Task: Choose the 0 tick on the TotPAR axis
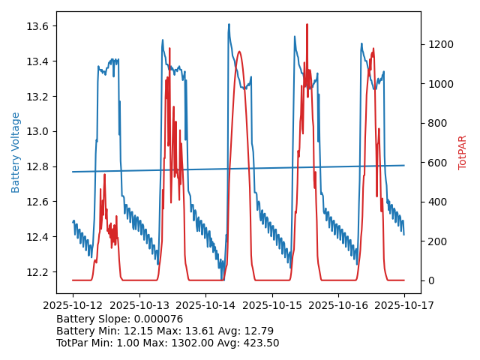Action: coord(430,280)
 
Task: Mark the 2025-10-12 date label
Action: coord(73,305)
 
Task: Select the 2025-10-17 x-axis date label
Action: coord(404,305)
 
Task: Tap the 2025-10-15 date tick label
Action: coord(271,305)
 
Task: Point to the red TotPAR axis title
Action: coord(463,152)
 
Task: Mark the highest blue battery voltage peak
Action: coord(229,25)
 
